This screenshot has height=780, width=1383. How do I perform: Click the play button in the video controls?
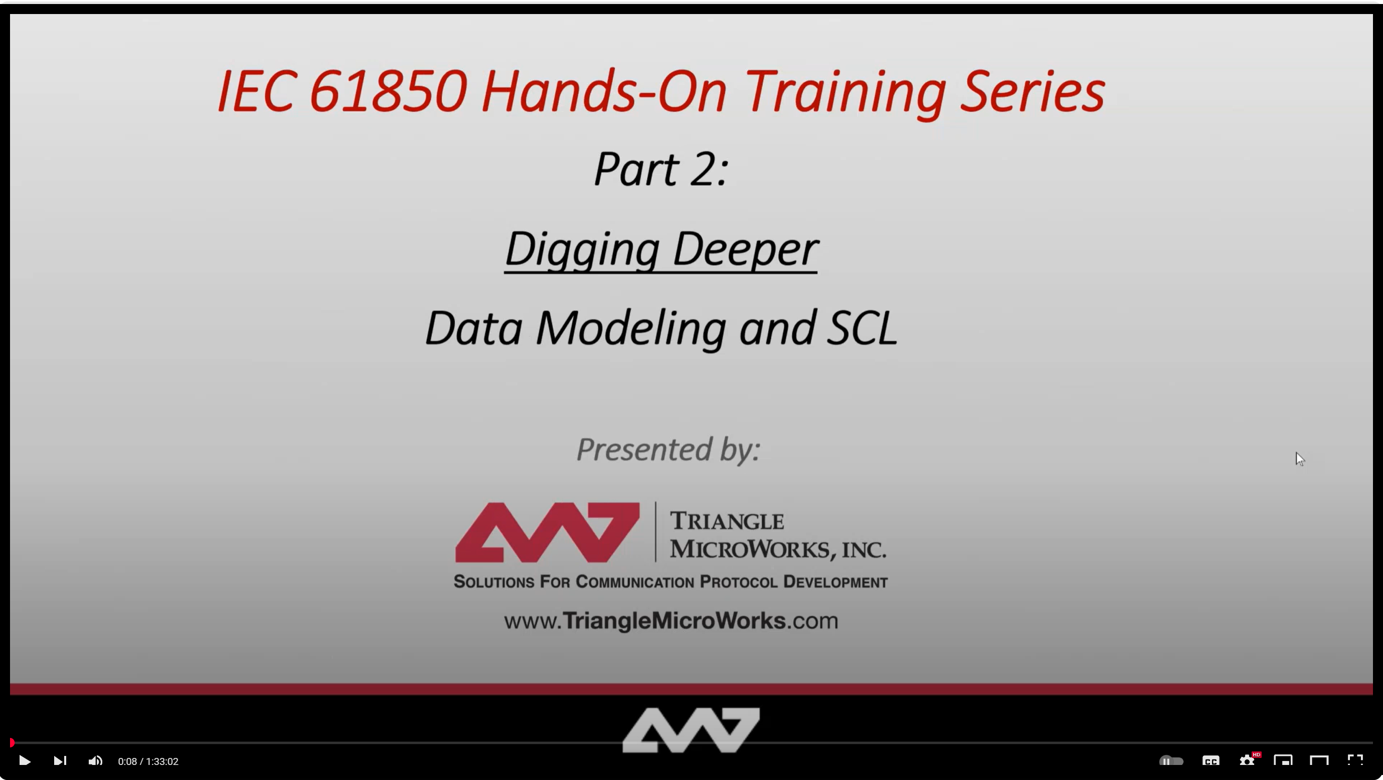click(x=25, y=760)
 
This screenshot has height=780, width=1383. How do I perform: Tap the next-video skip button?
click(x=60, y=760)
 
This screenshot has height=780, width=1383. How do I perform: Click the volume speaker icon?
click(x=96, y=760)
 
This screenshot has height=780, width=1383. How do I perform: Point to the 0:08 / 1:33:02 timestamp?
click(x=148, y=761)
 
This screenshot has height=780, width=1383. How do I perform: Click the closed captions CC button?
click(x=1211, y=760)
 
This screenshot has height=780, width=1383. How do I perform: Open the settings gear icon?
click(x=1247, y=760)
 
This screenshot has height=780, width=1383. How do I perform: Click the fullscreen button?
click(x=1355, y=760)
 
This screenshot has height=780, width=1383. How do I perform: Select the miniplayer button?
click(x=1283, y=760)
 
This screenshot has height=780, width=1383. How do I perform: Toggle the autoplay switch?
click(x=1171, y=760)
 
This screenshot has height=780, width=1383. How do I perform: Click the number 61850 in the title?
click(x=388, y=91)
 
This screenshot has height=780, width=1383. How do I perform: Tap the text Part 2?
click(x=661, y=169)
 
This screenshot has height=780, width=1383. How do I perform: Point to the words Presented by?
click(x=668, y=449)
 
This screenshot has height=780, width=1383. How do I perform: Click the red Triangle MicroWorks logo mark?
click(x=547, y=532)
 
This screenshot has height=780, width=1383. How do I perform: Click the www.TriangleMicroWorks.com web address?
click(x=671, y=621)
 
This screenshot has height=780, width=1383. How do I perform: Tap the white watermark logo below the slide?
click(x=691, y=730)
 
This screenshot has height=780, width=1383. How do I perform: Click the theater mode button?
click(x=1319, y=760)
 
